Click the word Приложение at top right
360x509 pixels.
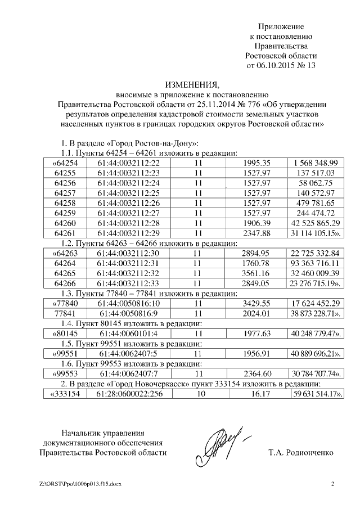click(x=281, y=26)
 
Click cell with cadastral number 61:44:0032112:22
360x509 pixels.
click(x=128, y=163)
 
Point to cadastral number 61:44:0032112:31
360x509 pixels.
click(x=128, y=264)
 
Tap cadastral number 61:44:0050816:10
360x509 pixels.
click(x=128, y=304)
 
